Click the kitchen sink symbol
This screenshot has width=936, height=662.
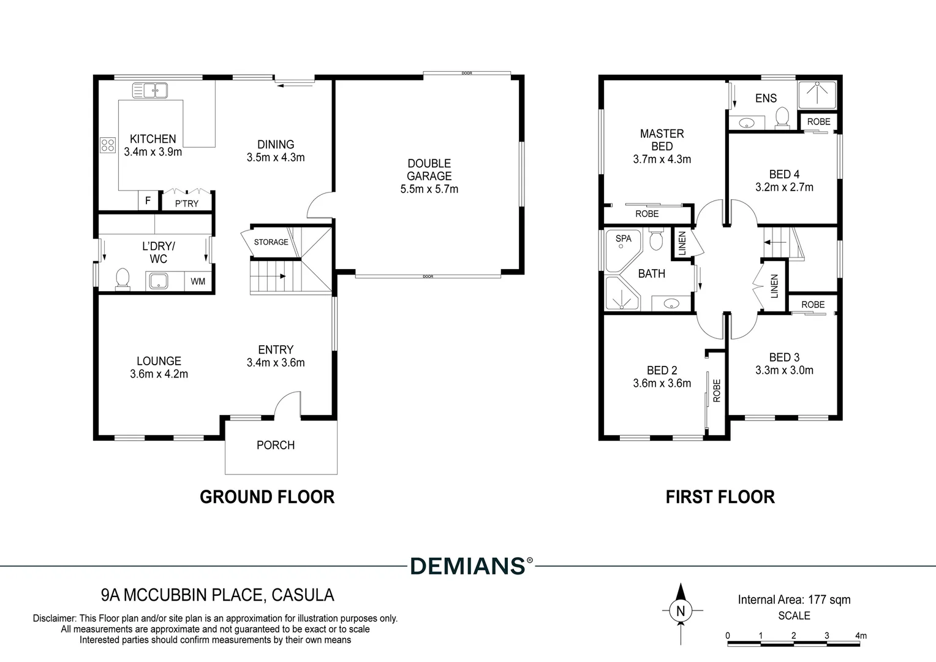click(x=150, y=90)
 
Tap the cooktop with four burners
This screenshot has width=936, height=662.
click(x=108, y=145)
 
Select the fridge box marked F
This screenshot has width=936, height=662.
click(x=148, y=200)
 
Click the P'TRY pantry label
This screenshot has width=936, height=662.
click(x=186, y=204)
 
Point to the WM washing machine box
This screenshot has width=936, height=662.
click(x=198, y=281)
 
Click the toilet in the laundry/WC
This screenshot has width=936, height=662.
click(x=123, y=278)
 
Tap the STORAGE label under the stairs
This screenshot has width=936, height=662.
click(x=271, y=242)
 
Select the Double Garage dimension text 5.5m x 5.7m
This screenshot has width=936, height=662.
click(x=429, y=189)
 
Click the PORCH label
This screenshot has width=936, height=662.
click(x=276, y=445)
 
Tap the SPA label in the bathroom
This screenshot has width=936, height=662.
click(x=624, y=238)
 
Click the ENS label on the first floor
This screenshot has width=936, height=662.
click(x=766, y=98)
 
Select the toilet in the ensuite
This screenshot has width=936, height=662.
click(x=782, y=117)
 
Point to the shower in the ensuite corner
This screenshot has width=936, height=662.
click(x=817, y=95)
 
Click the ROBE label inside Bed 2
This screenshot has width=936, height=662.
click(x=717, y=390)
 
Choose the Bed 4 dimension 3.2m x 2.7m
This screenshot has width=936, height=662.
click(x=784, y=188)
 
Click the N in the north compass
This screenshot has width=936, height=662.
click(x=681, y=611)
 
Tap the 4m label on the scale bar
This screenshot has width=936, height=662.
click(x=861, y=636)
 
